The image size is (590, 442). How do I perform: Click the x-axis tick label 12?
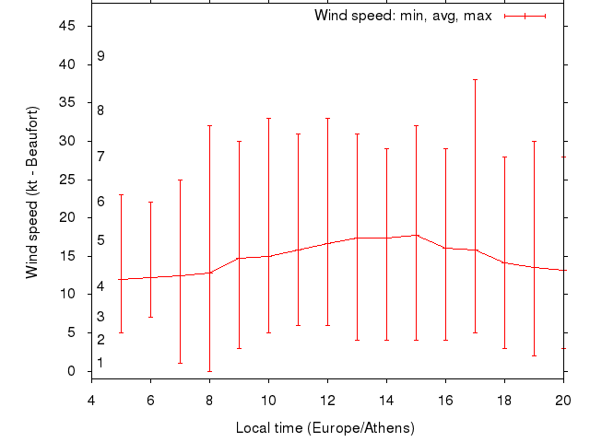click(x=327, y=401)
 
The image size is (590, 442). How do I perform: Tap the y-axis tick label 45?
click(x=67, y=26)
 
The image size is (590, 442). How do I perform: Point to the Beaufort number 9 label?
click(x=100, y=56)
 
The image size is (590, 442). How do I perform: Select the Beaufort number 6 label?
click(x=100, y=202)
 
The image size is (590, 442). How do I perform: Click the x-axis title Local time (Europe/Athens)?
click(x=325, y=428)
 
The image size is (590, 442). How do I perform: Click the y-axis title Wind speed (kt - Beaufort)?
click(x=32, y=192)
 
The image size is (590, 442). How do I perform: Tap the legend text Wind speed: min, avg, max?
click(x=403, y=16)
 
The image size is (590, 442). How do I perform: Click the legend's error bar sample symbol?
click(x=525, y=16)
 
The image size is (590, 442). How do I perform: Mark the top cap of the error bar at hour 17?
click(x=475, y=79)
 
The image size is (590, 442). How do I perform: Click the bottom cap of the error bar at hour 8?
click(x=209, y=371)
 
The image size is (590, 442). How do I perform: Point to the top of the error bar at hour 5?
click(x=121, y=194)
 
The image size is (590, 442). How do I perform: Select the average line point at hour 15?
click(x=416, y=235)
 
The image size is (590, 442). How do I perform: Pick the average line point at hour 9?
click(x=239, y=258)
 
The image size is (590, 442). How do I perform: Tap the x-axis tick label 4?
click(x=91, y=401)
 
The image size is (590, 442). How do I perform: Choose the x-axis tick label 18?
click(x=504, y=401)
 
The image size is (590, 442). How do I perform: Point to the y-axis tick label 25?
click(x=67, y=180)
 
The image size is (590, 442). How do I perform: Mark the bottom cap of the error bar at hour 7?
click(x=180, y=363)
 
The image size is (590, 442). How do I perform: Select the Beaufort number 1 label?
click(x=100, y=364)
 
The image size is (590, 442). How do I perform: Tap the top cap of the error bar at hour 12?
click(x=327, y=118)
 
